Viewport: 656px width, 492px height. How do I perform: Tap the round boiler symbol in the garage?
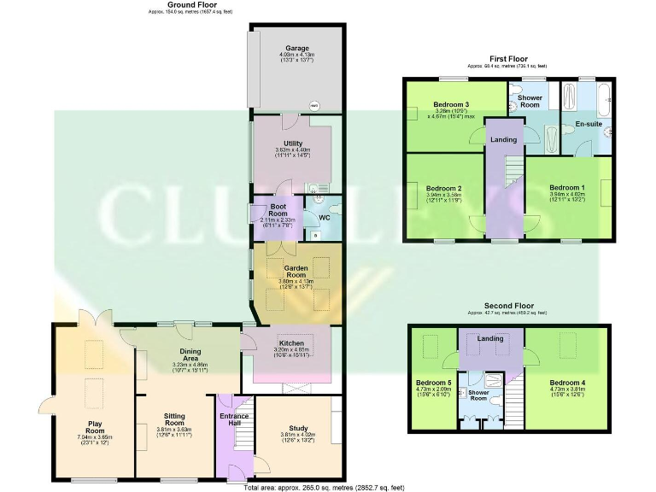click(314, 105)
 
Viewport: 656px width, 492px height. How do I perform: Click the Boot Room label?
click(277, 210)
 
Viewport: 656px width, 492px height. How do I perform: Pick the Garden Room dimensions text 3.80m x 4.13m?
click(297, 281)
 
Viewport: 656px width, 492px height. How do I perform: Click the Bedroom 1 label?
click(567, 188)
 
